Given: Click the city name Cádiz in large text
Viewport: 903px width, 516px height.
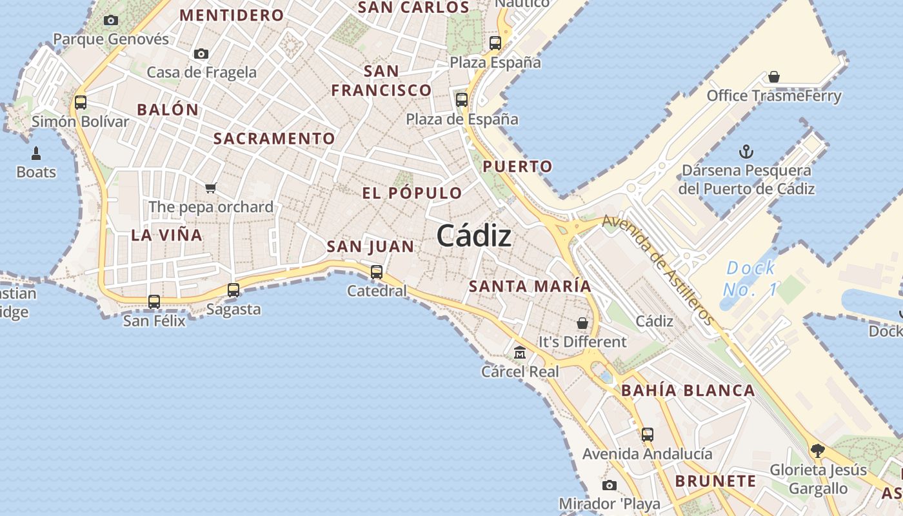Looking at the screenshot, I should pyautogui.click(x=474, y=236).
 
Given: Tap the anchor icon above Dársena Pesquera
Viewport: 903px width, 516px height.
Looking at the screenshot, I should pyautogui.click(x=746, y=152).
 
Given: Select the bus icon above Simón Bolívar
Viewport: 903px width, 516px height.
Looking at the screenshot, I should pyautogui.click(x=81, y=102).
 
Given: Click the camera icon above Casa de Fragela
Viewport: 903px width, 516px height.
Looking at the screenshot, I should pyautogui.click(x=201, y=54).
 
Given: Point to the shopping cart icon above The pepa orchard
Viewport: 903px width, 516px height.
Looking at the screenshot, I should pyautogui.click(x=211, y=188).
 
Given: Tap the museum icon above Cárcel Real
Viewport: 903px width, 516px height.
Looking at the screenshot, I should pyautogui.click(x=520, y=353).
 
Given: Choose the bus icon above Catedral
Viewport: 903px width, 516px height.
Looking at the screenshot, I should pyautogui.click(x=377, y=272).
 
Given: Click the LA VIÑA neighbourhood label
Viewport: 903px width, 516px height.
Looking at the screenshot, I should pyautogui.click(x=167, y=235).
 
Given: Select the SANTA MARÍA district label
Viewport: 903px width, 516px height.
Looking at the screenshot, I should pyautogui.click(x=530, y=286).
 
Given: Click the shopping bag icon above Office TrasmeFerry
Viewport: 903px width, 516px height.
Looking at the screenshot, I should pyautogui.click(x=774, y=77).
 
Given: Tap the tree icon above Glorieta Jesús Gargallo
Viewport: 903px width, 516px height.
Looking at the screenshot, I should pyautogui.click(x=818, y=450).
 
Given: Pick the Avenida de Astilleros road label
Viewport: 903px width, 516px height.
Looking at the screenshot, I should pyautogui.click(x=658, y=270).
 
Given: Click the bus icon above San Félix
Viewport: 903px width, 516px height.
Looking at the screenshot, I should pyautogui.click(x=154, y=301).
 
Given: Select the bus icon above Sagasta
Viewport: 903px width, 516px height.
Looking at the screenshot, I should pyautogui.click(x=233, y=290).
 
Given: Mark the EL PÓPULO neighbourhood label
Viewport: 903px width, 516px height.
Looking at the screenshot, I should pyautogui.click(x=412, y=193).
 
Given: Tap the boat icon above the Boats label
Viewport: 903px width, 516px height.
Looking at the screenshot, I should pyautogui.click(x=36, y=154).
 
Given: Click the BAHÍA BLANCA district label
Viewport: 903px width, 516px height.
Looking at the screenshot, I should pyautogui.click(x=688, y=390).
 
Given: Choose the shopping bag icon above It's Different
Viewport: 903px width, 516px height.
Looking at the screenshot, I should pyautogui.click(x=582, y=322).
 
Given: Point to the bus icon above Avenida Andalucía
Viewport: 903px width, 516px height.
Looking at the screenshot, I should pyautogui.click(x=648, y=435).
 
